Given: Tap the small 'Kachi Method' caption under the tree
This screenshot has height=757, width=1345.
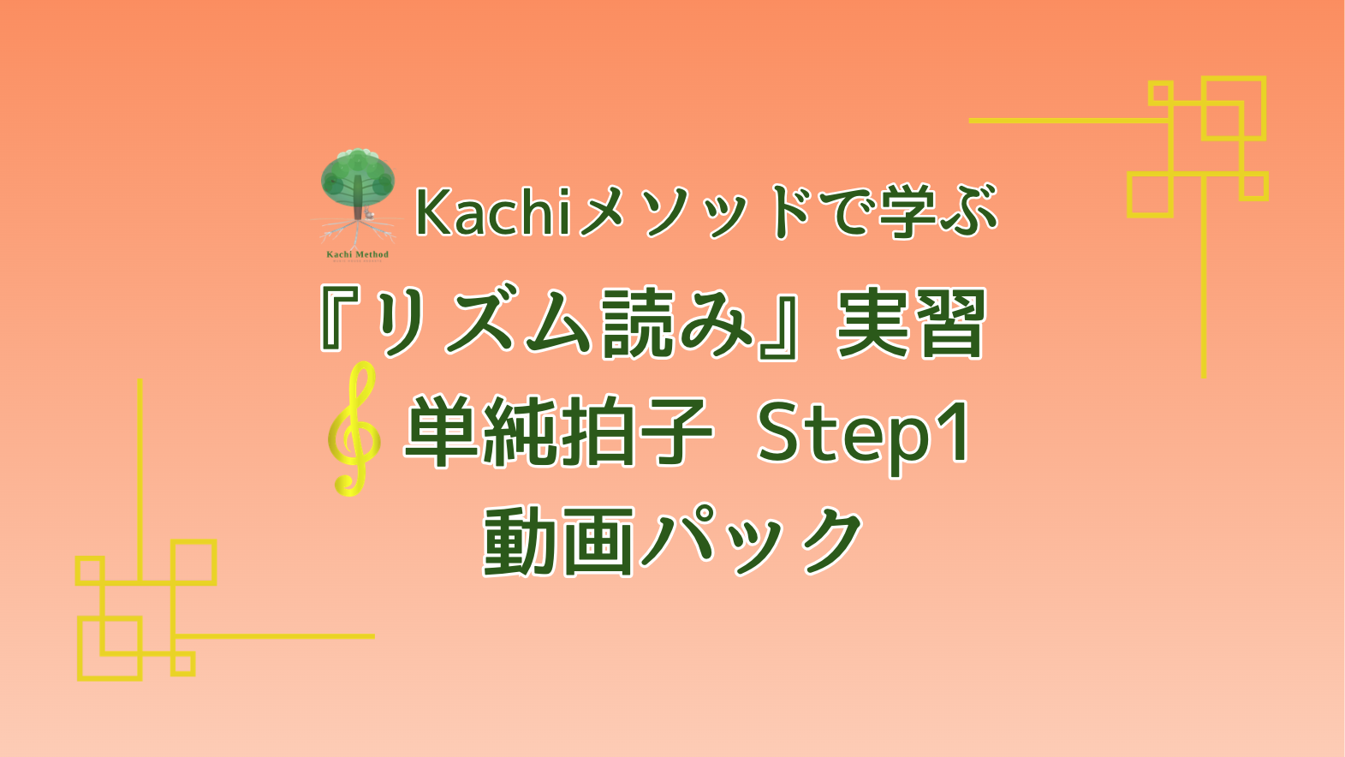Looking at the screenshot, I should pos(357,254).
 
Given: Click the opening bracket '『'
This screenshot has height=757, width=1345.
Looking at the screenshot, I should pos(338,321).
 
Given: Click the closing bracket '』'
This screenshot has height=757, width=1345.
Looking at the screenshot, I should pos(783,323).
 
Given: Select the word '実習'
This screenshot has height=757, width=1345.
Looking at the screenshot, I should pos(911,323).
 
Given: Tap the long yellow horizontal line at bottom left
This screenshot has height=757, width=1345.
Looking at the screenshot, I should pos(274,636).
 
